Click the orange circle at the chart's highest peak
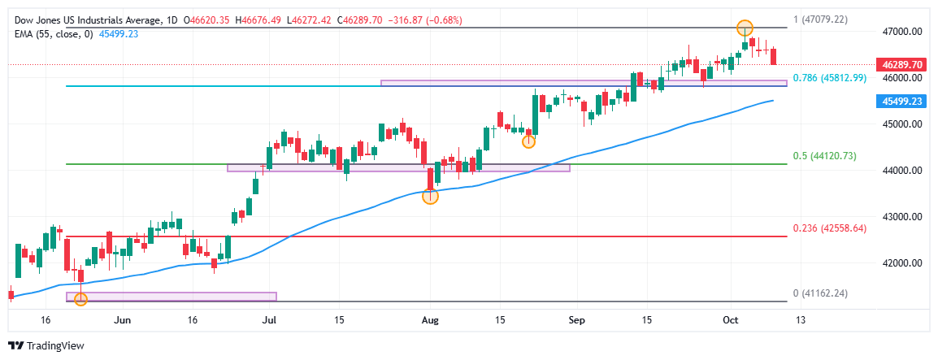745,28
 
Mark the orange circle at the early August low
431,196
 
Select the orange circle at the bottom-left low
80,300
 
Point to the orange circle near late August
528,141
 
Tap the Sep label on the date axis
576,320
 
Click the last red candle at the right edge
773,56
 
